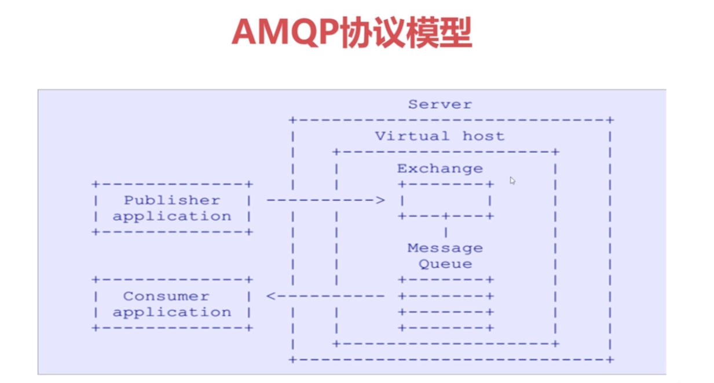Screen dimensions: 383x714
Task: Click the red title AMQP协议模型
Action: [x=351, y=32]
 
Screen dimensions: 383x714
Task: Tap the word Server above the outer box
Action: [x=440, y=104]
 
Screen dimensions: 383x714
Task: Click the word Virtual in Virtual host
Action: [x=412, y=136]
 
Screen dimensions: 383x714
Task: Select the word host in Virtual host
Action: [x=483, y=136]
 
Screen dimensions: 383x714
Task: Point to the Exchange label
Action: [x=440, y=169]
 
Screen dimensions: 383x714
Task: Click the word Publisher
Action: [x=172, y=200]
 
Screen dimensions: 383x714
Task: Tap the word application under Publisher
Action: [x=172, y=217]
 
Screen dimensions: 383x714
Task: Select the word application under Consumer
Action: [x=172, y=312]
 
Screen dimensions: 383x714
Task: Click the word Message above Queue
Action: [x=445, y=248]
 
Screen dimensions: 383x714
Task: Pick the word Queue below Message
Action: [x=445, y=264]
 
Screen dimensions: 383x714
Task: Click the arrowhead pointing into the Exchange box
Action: [x=380, y=200]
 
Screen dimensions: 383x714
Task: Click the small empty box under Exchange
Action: [x=445, y=200]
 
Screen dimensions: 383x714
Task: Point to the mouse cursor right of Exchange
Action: [x=512, y=180]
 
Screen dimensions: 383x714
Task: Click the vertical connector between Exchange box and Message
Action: [x=445, y=232]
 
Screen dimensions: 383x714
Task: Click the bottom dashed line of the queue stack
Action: [x=445, y=328]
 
